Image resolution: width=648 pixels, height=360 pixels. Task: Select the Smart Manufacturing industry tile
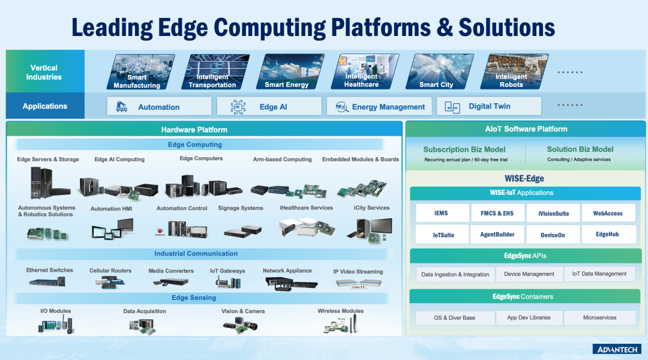tap(137, 72)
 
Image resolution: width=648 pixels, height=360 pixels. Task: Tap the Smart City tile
tap(436, 72)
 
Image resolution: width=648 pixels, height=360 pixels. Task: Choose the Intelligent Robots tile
tap(511, 72)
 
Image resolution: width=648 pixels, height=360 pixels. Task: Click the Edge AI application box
tap(269, 107)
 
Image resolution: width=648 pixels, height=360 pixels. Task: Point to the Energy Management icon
tap(342, 107)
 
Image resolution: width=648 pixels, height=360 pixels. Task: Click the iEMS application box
tap(440, 213)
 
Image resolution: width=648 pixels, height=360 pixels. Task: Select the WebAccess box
tap(608, 213)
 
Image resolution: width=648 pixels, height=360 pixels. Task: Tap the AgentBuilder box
tap(497, 234)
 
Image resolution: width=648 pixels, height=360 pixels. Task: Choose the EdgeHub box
tap(608, 234)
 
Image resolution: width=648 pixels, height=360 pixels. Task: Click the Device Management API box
tap(529, 274)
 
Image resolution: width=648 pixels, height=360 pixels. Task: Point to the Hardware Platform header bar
tap(203, 129)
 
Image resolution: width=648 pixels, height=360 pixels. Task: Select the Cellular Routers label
tap(110, 271)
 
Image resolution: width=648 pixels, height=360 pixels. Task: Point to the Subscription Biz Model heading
tap(464, 149)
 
